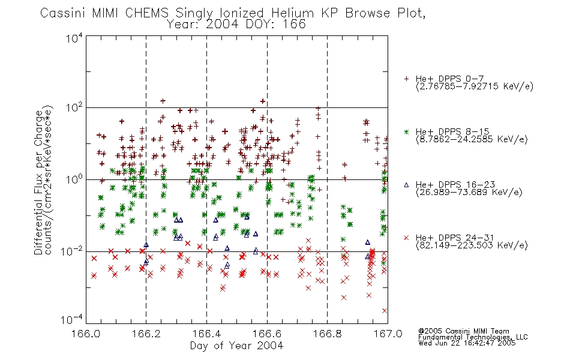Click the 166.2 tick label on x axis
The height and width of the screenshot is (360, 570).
click(x=146, y=334)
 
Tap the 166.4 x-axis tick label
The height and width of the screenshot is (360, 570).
click(x=207, y=334)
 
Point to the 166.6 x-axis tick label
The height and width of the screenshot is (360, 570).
click(x=267, y=334)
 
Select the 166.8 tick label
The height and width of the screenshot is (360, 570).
click(x=328, y=334)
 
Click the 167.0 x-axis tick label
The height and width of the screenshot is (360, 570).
click(x=388, y=334)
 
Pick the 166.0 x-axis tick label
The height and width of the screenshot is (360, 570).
click(x=86, y=334)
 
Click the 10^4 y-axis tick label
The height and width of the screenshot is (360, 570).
click(x=74, y=38)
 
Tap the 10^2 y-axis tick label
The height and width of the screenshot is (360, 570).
click(x=74, y=108)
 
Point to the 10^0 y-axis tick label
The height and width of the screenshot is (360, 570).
click(x=74, y=179)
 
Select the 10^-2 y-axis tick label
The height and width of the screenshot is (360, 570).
click(x=72, y=251)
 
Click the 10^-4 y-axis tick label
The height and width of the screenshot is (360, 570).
click(x=72, y=320)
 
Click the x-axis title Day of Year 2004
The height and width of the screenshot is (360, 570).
click(x=236, y=346)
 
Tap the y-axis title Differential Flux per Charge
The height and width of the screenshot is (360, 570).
click(x=39, y=182)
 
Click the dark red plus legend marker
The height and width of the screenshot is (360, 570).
click(x=406, y=79)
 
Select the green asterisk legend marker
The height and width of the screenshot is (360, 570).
click(x=406, y=132)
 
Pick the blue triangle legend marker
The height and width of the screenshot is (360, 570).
click(x=406, y=185)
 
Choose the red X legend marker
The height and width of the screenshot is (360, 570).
click(x=406, y=238)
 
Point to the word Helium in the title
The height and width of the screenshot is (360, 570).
click(x=292, y=13)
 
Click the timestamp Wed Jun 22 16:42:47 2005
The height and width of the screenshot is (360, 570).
click(x=467, y=343)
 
